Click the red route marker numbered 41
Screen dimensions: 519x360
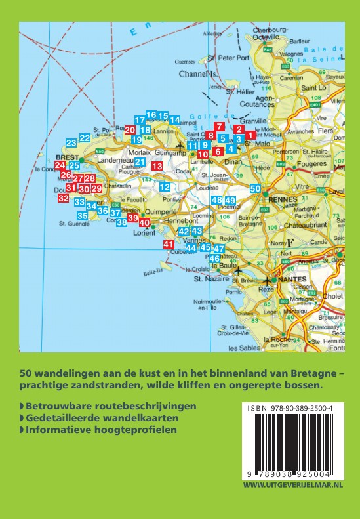[x=167, y=245]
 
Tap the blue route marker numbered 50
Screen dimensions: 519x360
[x=256, y=188]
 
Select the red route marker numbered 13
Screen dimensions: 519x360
[x=157, y=167]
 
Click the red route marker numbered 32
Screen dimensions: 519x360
[x=63, y=197]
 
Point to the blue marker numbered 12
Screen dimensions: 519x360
[x=165, y=187]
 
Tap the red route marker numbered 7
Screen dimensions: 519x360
[x=219, y=127]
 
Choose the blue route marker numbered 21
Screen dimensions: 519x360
[x=140, y=161]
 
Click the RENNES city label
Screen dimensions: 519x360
[x=281, y=200]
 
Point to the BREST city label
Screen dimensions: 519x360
[x=66, y=158]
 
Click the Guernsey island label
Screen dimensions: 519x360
[x=186, y=62]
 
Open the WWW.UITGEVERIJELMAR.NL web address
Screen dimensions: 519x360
[x=293, y=484]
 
